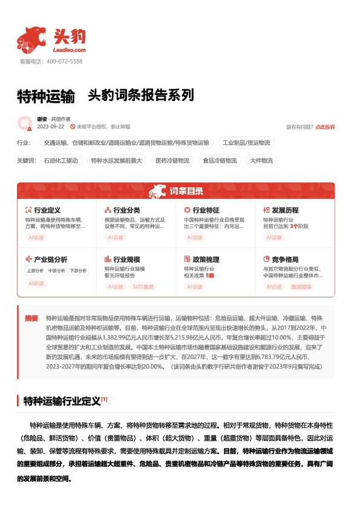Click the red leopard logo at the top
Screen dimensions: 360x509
[x=32, y=39]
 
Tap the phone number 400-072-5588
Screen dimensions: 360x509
[x=64, y=61]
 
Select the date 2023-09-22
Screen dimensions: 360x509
[x=51, y=127]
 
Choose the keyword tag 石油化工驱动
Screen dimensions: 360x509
[x=61, y=161]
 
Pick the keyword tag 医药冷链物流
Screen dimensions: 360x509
[x=172, y=161]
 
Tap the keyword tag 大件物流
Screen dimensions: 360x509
[x=261, y=161]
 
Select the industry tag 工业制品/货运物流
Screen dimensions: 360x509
[x=246, y=143]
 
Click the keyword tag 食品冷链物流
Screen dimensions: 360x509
[x=220, y=161]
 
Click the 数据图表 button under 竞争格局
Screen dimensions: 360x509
[x=301, y=287]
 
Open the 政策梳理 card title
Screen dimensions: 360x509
[x=205, y=259]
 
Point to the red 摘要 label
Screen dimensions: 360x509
[x=31, y=318]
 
